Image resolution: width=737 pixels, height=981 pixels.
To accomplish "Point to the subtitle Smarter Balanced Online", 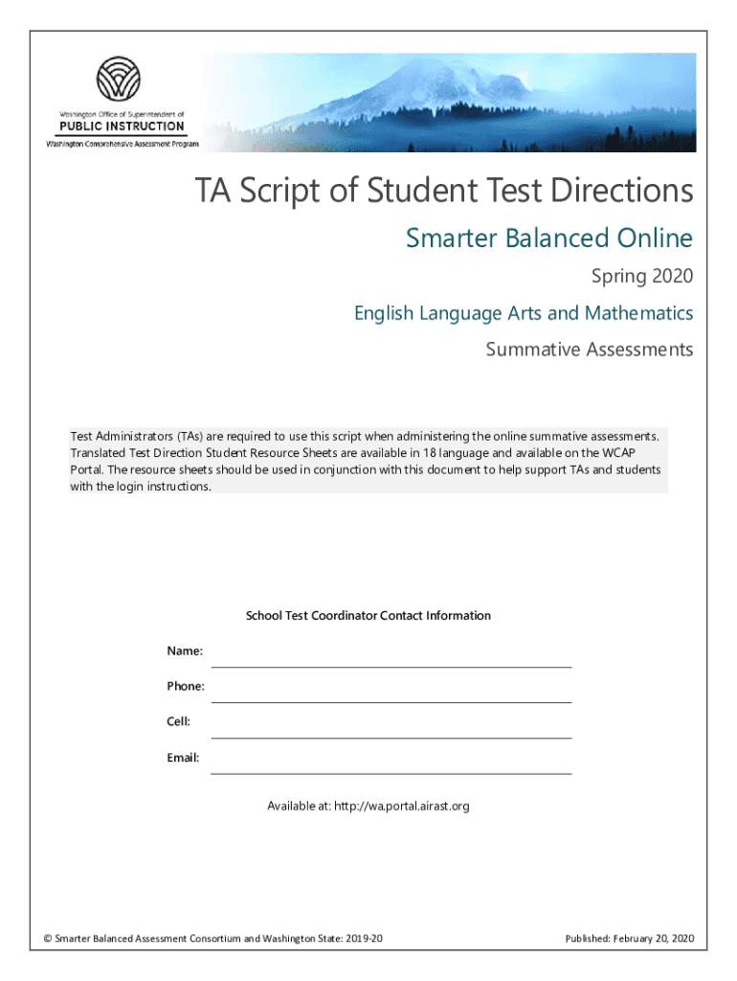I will [548, 238].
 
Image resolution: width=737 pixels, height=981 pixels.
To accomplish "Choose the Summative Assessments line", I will [589, 350].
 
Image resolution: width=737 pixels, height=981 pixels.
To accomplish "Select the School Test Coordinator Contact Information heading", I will [368, 616].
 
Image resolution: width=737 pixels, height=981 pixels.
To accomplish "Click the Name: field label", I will [185, 651].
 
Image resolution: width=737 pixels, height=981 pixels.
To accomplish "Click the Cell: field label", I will [179, 721].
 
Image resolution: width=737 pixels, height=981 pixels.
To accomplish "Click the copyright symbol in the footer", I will [48, 939].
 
